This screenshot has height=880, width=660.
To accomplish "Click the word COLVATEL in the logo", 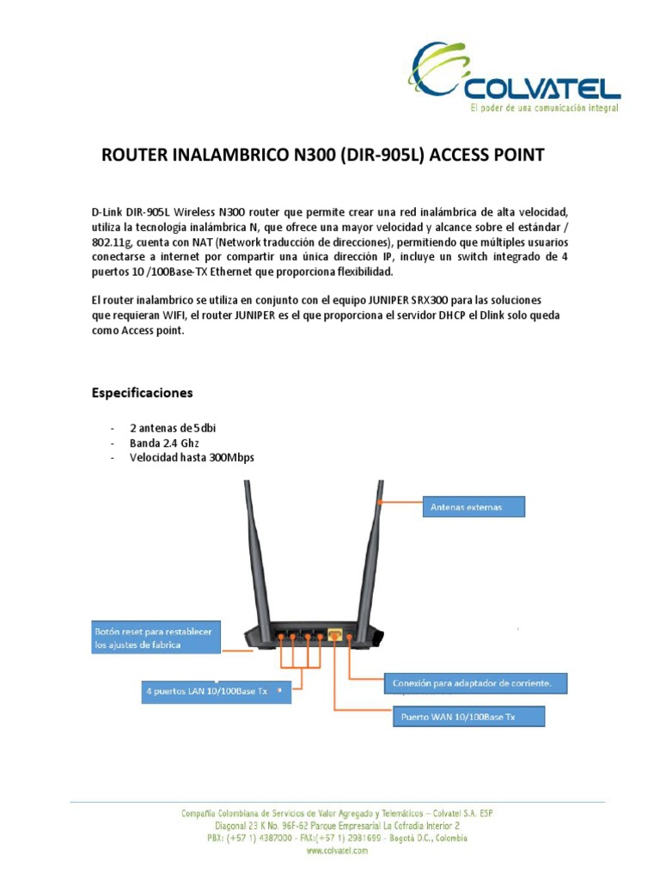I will (541, 88).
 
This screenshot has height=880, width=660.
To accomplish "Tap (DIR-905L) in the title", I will (381, 156).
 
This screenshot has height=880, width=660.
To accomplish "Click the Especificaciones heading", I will (142, 393).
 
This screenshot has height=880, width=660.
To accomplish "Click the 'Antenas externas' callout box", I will (473, 508).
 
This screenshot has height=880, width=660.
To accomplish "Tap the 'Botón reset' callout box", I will (156, 638).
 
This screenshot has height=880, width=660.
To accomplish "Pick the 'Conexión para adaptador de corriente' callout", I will (477, 684).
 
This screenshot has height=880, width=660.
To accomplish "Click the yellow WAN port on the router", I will (335, 635).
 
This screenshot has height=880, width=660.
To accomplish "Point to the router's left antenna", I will (249, 550).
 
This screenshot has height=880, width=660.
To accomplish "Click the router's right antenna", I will (377, 550).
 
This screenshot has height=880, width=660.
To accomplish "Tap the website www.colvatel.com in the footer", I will (337, 850).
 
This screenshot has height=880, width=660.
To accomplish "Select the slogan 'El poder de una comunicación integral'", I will (543, 109).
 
